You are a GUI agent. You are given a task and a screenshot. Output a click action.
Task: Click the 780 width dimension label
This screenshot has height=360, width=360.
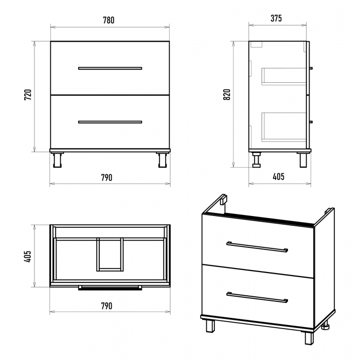[109, 20]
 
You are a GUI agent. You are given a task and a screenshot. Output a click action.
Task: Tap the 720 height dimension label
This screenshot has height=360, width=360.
[28, 94]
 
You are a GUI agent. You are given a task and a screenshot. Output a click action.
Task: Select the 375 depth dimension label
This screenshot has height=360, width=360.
[276, 19]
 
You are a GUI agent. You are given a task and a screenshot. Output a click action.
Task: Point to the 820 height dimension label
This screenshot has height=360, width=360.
[227, 94]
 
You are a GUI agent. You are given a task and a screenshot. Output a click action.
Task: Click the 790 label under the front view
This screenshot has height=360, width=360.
[107, 177]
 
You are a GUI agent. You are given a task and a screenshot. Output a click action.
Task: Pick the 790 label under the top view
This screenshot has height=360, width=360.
[107, 306]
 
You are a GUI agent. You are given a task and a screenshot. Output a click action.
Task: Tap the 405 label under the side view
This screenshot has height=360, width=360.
[279, 176]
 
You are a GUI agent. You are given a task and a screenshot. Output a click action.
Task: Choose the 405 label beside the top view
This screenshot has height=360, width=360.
[27, 256]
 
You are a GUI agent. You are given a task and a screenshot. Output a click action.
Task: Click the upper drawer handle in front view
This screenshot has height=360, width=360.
[110, 68]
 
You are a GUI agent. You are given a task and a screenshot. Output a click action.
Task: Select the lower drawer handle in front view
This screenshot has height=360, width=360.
[110, 122]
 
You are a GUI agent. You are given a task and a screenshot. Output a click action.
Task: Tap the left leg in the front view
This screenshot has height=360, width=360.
[57, 159]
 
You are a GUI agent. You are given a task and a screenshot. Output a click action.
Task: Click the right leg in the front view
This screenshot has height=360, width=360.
[163, 159]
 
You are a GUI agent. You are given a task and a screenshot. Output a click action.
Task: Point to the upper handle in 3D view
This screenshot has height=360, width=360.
[257, 247]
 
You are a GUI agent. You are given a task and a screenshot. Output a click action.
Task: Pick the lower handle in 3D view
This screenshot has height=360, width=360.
[257, 297]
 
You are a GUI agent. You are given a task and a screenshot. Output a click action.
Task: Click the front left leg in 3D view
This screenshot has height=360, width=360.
[210, 326]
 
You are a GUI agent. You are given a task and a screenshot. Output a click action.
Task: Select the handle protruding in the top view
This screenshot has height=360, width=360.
[110, 287]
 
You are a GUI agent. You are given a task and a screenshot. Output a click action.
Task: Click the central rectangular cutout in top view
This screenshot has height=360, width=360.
[110, 255]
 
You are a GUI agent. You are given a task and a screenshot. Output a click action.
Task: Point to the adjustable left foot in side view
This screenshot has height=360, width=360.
[256, 159]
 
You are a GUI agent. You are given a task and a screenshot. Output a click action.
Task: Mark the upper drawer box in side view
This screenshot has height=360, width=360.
[284, 77]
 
